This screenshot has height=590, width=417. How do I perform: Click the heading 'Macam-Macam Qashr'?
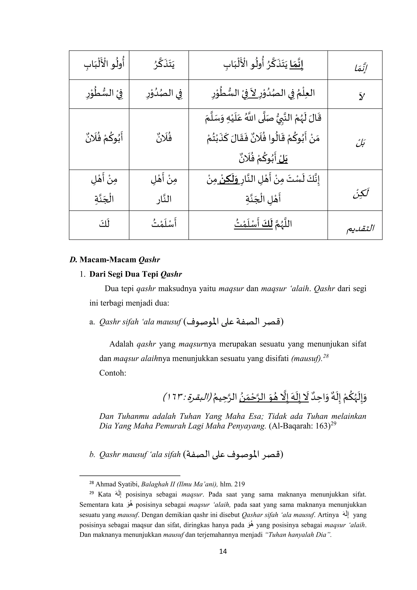(120, 260)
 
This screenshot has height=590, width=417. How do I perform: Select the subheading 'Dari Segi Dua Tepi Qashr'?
(136, 274)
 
